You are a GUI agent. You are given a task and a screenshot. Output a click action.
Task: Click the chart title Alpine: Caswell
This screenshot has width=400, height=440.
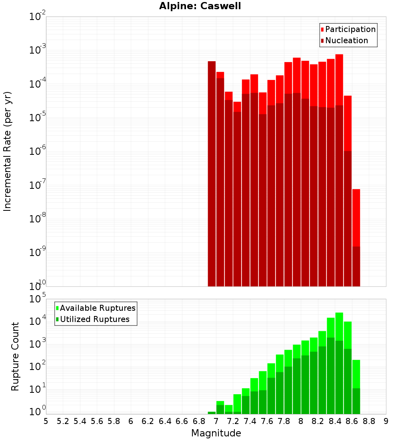pyautogui.click(x=200, y=6)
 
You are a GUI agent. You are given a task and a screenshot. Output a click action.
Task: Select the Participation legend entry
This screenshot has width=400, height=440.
pyautogui.click(x=350, y=30)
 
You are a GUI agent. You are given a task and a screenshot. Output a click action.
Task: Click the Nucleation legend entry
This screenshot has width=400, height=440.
pyautogui.click(x=346, y=41)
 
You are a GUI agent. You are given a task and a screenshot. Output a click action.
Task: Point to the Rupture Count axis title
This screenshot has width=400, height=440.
pyautogui.click(x=15, y=356)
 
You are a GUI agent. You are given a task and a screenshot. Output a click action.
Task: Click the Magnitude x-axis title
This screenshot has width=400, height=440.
pyautogui.click(x=216, y=433)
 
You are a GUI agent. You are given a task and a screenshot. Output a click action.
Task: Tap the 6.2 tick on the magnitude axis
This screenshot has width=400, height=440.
pyautogui.click(x=148, y=421)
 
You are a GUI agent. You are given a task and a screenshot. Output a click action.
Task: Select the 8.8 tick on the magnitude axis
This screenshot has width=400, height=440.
pyautogui.click(x=369, y=421)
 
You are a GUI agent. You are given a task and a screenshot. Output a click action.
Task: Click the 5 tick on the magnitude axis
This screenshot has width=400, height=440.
pyautogui.click(x=46, y=421)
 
